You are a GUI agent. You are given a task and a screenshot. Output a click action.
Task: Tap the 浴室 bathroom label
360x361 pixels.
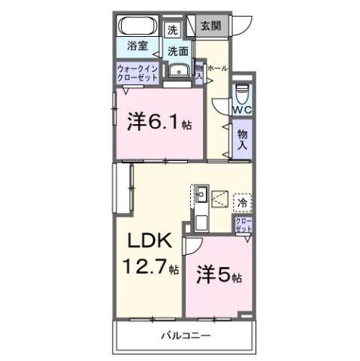(x=137, y=46)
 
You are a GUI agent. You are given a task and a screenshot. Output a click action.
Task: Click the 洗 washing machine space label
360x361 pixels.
(x=173, y=31)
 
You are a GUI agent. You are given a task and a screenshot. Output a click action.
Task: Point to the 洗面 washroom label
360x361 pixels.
(x=178, y=52)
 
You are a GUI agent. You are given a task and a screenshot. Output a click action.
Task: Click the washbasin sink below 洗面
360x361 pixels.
(x=178, y=71)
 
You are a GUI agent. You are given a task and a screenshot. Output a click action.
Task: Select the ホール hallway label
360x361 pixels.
(x=217, y=68)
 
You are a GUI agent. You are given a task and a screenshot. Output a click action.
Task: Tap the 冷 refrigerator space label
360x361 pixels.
(x=242, y=202)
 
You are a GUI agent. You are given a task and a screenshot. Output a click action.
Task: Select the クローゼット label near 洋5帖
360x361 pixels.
(x=244, y=225)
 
